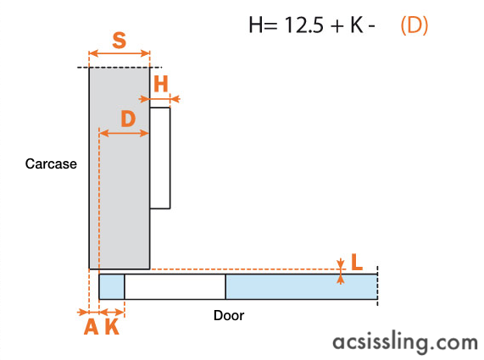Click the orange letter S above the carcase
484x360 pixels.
pyautogui.click(x=120, y=40)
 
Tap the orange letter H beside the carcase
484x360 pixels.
pyautogui.click(x=161, y=84)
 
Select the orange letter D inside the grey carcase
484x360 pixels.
pyautogui.click(x=128, y=119)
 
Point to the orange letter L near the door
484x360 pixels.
pyautogui.click(x=357, y=262)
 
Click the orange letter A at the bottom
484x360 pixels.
pyautogui.click(x=92, y=326)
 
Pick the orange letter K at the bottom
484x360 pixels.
pyautogui.click(x=112, y=326)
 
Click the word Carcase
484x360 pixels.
pyautogui.click(x=51, y=163)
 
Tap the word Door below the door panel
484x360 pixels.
pyautogui.click(x=229, y=316)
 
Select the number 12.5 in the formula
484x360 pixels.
pyautogui.click(x=303, y=25)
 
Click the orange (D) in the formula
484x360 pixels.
pyautogui.click(x=414, y=25)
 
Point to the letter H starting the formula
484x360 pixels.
pyautogui.click(x=256, y=25)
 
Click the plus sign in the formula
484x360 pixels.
pyautogui.click(x=338, y=25)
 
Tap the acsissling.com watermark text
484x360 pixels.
pyautogui.click(x=405, y=342)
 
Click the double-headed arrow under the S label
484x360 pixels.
pyautogui.click(x=120, y=53)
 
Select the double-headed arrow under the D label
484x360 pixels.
pyautogui.click(x=124, y=133)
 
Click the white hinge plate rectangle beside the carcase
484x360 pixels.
pyautogui.click(x=160, y=158)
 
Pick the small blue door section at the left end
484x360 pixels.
pyautogui.click(x=112, y=286)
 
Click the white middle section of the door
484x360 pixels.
pyautogui.click(x=175, y=286)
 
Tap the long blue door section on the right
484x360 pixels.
pyautogui.click(x=302, y=286)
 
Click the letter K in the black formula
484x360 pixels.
pyautogui.click(x=357, y=25)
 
